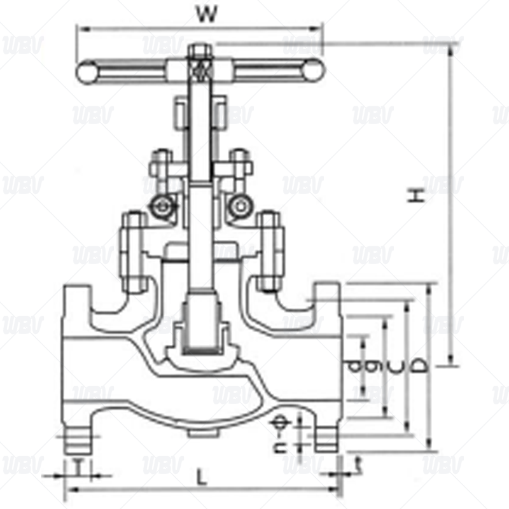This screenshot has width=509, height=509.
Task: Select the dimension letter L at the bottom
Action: [202, 476]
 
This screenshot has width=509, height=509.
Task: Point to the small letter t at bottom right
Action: [358, 463]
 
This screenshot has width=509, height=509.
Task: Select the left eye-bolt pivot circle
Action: [165, 206]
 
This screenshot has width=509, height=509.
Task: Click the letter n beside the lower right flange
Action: [278, 447]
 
